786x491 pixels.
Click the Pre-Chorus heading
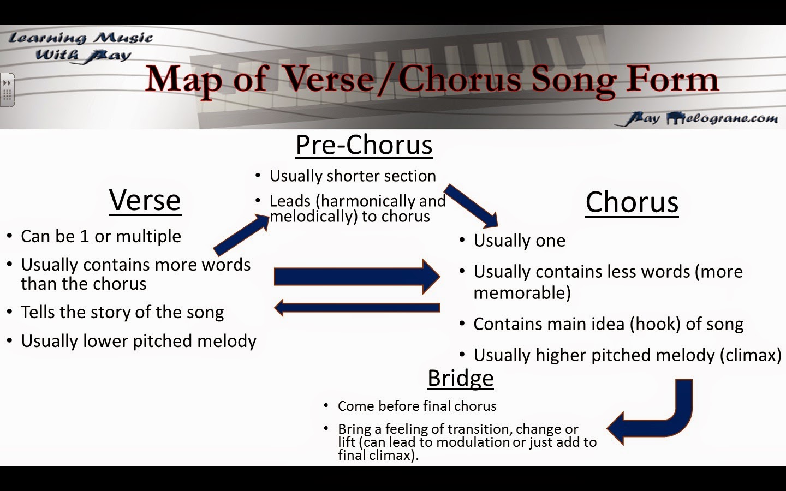364,145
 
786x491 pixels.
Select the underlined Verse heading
145,200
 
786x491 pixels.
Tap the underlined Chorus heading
632,203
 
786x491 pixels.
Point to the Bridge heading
460,378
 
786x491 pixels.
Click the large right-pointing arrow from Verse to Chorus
357,277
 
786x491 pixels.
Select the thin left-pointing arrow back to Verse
357,308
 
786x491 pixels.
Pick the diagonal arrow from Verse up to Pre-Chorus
241,234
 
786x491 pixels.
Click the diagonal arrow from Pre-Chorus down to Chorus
471,206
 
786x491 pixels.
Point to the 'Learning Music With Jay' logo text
81,47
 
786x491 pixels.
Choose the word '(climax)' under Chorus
751,355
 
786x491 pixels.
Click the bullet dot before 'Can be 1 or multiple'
10,236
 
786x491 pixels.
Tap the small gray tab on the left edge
8,90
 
